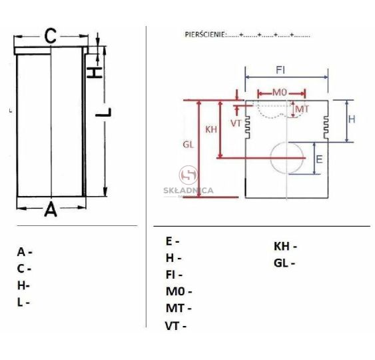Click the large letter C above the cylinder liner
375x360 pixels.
51,36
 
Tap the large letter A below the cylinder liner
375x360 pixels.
51,209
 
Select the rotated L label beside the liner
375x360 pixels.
103,113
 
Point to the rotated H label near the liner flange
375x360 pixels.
94,73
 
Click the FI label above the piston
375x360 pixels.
280,70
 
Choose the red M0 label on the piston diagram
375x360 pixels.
280,93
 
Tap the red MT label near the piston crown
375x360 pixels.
302,109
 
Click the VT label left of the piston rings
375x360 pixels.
236,123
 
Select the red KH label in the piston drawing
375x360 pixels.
211,129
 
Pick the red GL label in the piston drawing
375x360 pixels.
188,145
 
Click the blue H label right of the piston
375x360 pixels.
352,119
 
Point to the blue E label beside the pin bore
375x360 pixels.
319,159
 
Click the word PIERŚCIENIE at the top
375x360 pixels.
204,35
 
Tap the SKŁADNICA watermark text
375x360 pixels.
188,191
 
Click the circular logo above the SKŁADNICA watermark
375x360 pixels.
188,175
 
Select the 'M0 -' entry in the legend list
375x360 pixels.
179,291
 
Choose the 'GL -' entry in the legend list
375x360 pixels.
284,263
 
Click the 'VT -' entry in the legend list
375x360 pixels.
176,326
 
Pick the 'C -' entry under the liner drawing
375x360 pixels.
24,269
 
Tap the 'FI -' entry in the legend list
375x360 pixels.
174,275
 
